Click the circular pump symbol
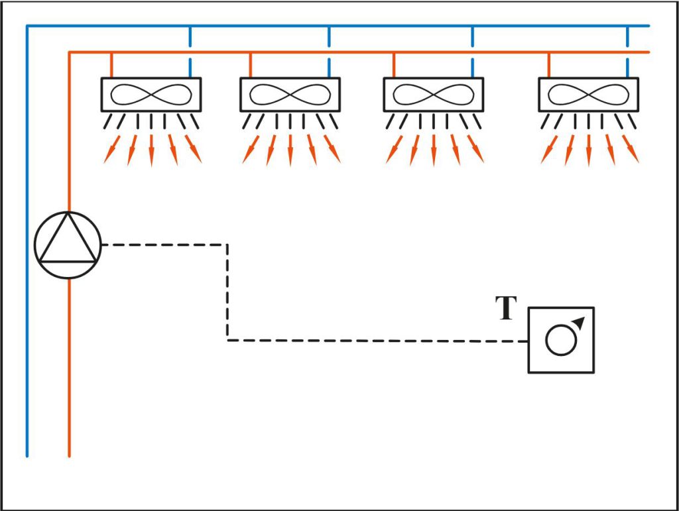68,245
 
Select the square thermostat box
561,340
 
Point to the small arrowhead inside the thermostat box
579,323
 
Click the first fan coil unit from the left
151,94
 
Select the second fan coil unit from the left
290,94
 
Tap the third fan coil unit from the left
433,94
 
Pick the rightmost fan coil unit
588,94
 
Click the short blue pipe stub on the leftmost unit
190,68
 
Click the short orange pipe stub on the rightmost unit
549,64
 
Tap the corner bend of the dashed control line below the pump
227,341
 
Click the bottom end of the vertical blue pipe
27,455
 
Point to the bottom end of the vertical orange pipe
69,455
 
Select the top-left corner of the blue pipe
27,27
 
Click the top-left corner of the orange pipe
69,52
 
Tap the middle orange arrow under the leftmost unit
151,151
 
